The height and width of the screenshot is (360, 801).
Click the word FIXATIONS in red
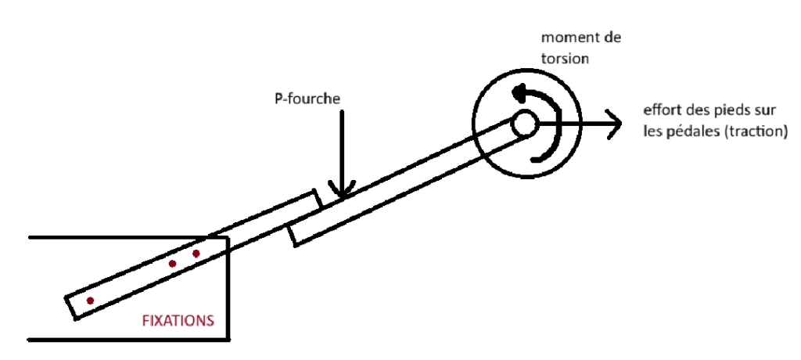click(178, 321)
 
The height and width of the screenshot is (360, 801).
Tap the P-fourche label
click(307, 99)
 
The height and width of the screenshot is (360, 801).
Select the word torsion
click(565, 59)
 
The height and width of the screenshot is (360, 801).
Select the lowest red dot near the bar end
click(91, 301)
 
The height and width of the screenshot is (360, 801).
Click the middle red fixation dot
click(173, 264)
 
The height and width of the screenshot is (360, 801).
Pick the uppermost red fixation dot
click(196, 253)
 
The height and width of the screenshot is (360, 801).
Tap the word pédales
click(689, 132)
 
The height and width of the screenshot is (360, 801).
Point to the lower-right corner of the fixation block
click(229, 339)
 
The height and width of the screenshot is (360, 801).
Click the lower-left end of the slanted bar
click(70, 308)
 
